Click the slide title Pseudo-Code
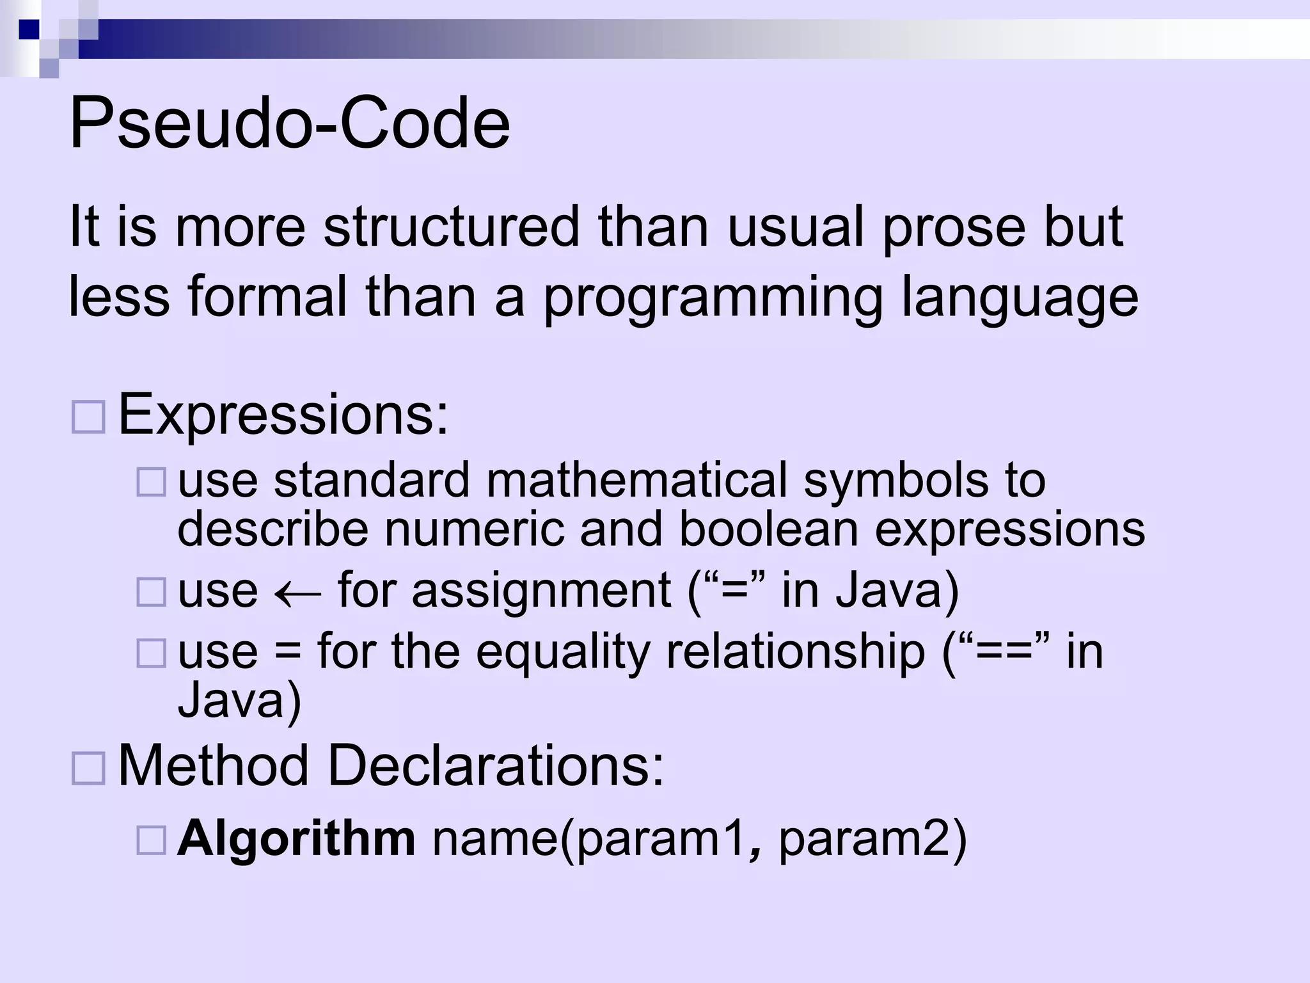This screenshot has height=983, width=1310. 289,123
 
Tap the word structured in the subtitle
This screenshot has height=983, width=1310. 452,227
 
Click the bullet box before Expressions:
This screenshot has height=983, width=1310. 88,418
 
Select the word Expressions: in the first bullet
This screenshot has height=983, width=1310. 283,415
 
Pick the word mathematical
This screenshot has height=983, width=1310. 636,480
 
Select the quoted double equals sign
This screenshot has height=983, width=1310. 1000,651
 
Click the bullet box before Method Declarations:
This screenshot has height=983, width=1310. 88,769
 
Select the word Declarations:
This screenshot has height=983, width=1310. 496,765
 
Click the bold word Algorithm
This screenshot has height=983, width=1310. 296,839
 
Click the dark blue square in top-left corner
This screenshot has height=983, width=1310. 29,29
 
